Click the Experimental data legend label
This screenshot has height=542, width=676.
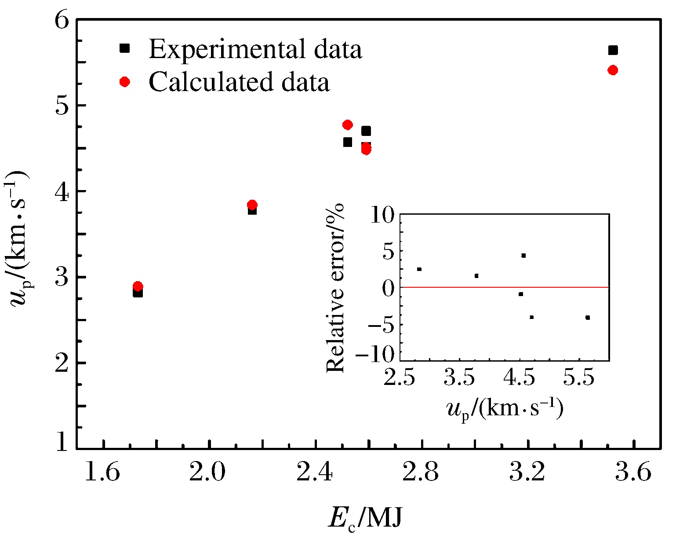pos(255,49)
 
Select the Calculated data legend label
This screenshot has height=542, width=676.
pos(239,82)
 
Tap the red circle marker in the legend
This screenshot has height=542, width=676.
pos(125,82)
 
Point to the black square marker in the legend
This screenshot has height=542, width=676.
pos(125,48)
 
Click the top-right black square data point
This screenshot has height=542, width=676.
pos(613,50)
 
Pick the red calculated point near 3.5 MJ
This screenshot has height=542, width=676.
pos(613,70)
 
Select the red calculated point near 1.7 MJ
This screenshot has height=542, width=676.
pos(138,286)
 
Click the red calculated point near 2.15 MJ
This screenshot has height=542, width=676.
pos(252,205)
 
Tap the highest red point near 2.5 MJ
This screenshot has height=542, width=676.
pos(348,125)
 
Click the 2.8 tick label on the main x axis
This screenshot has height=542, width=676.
pos(422,473)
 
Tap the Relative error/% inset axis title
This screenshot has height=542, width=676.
pos(337,288)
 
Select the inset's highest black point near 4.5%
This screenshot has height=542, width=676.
pos(523,256)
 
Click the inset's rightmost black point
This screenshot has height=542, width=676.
pos(588,318)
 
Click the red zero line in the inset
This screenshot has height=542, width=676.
pos(483,287)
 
